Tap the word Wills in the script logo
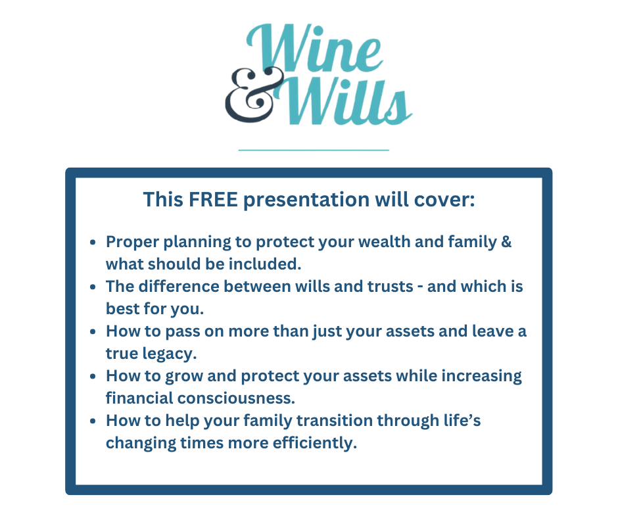tap(347, 102)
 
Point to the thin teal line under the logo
tap(314, 150)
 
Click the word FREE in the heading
tap(213, 199)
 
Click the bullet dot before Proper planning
tap(93, 243)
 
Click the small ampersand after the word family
tap(506, 242)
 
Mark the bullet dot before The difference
tap(93, 287)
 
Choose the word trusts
tap(390, 287)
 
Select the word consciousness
tap(236, 398)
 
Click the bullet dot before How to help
tap(93, 421)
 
